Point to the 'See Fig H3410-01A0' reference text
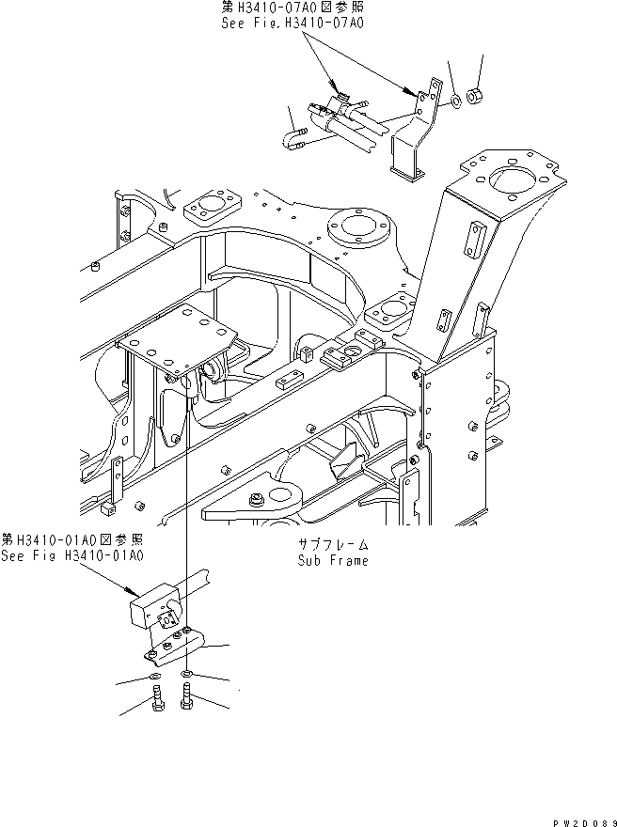tap(71, 555)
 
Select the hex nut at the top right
tap(475, 96)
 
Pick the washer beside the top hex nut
tap(455, 99)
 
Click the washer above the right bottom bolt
tap(189, 674)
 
